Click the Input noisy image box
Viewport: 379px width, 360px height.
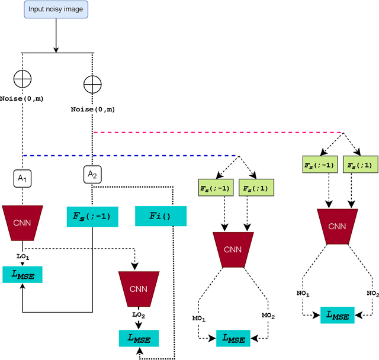[x=56, y=9]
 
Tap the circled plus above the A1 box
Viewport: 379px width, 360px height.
[x=23, y=79]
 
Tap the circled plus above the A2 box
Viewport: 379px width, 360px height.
[x=92, y=84]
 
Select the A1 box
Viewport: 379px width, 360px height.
[x=23, y=179]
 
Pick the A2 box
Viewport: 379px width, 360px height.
[x=92, y=174]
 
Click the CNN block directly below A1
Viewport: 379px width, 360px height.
[x=23, y=223]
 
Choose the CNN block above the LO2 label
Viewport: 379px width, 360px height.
[x=139, y=289]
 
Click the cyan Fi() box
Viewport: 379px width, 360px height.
[x=160, y=216]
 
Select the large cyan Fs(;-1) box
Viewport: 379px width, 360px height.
[x=92, y=217]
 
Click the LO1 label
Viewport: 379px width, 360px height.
[x=23, y=256]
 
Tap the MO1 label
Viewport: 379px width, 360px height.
[x=199, y=319]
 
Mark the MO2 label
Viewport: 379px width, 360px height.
[x=268, y=316]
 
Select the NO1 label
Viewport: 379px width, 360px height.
[x=303, y=293]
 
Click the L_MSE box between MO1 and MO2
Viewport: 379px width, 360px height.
[x=233, y=338]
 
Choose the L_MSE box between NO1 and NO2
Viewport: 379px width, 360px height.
[x=338, y=315]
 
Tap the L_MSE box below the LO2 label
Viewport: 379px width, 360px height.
[x=139, y=338]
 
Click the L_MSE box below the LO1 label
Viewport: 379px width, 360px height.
[x=23, y=275]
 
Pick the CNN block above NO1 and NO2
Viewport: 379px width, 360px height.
[x=338, y=227]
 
